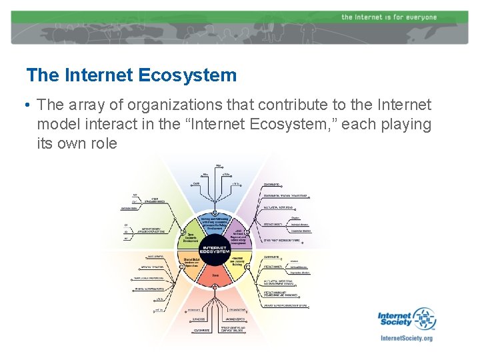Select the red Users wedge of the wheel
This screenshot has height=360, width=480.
(215, 275)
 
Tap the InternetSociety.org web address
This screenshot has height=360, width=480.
(406, 338)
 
